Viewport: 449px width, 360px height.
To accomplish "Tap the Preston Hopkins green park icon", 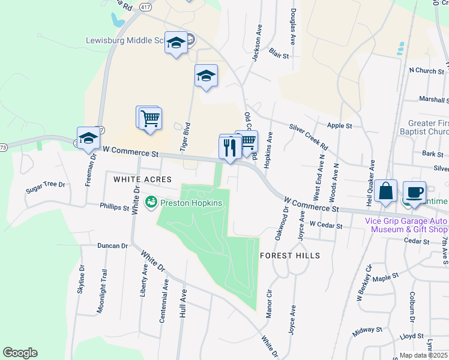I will (151, 203).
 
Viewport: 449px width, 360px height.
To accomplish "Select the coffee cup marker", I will (414, 193).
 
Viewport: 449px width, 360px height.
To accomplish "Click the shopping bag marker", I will (387, 193).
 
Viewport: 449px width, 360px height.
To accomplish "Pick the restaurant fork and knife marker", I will (230, 147).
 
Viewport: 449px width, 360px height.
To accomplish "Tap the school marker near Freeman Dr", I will (88, 139).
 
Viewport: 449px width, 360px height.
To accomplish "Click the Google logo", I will (20, 353).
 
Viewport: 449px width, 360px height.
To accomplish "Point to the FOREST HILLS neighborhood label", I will (290, 256).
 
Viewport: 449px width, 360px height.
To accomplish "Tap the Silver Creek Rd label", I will (309, 137).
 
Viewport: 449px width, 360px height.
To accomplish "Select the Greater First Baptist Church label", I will (424, 127).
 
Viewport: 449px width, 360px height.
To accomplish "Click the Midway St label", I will (367, 330).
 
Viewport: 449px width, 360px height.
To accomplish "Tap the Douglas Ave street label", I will (292, 30).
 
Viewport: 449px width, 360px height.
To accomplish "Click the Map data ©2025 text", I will (424, 355).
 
